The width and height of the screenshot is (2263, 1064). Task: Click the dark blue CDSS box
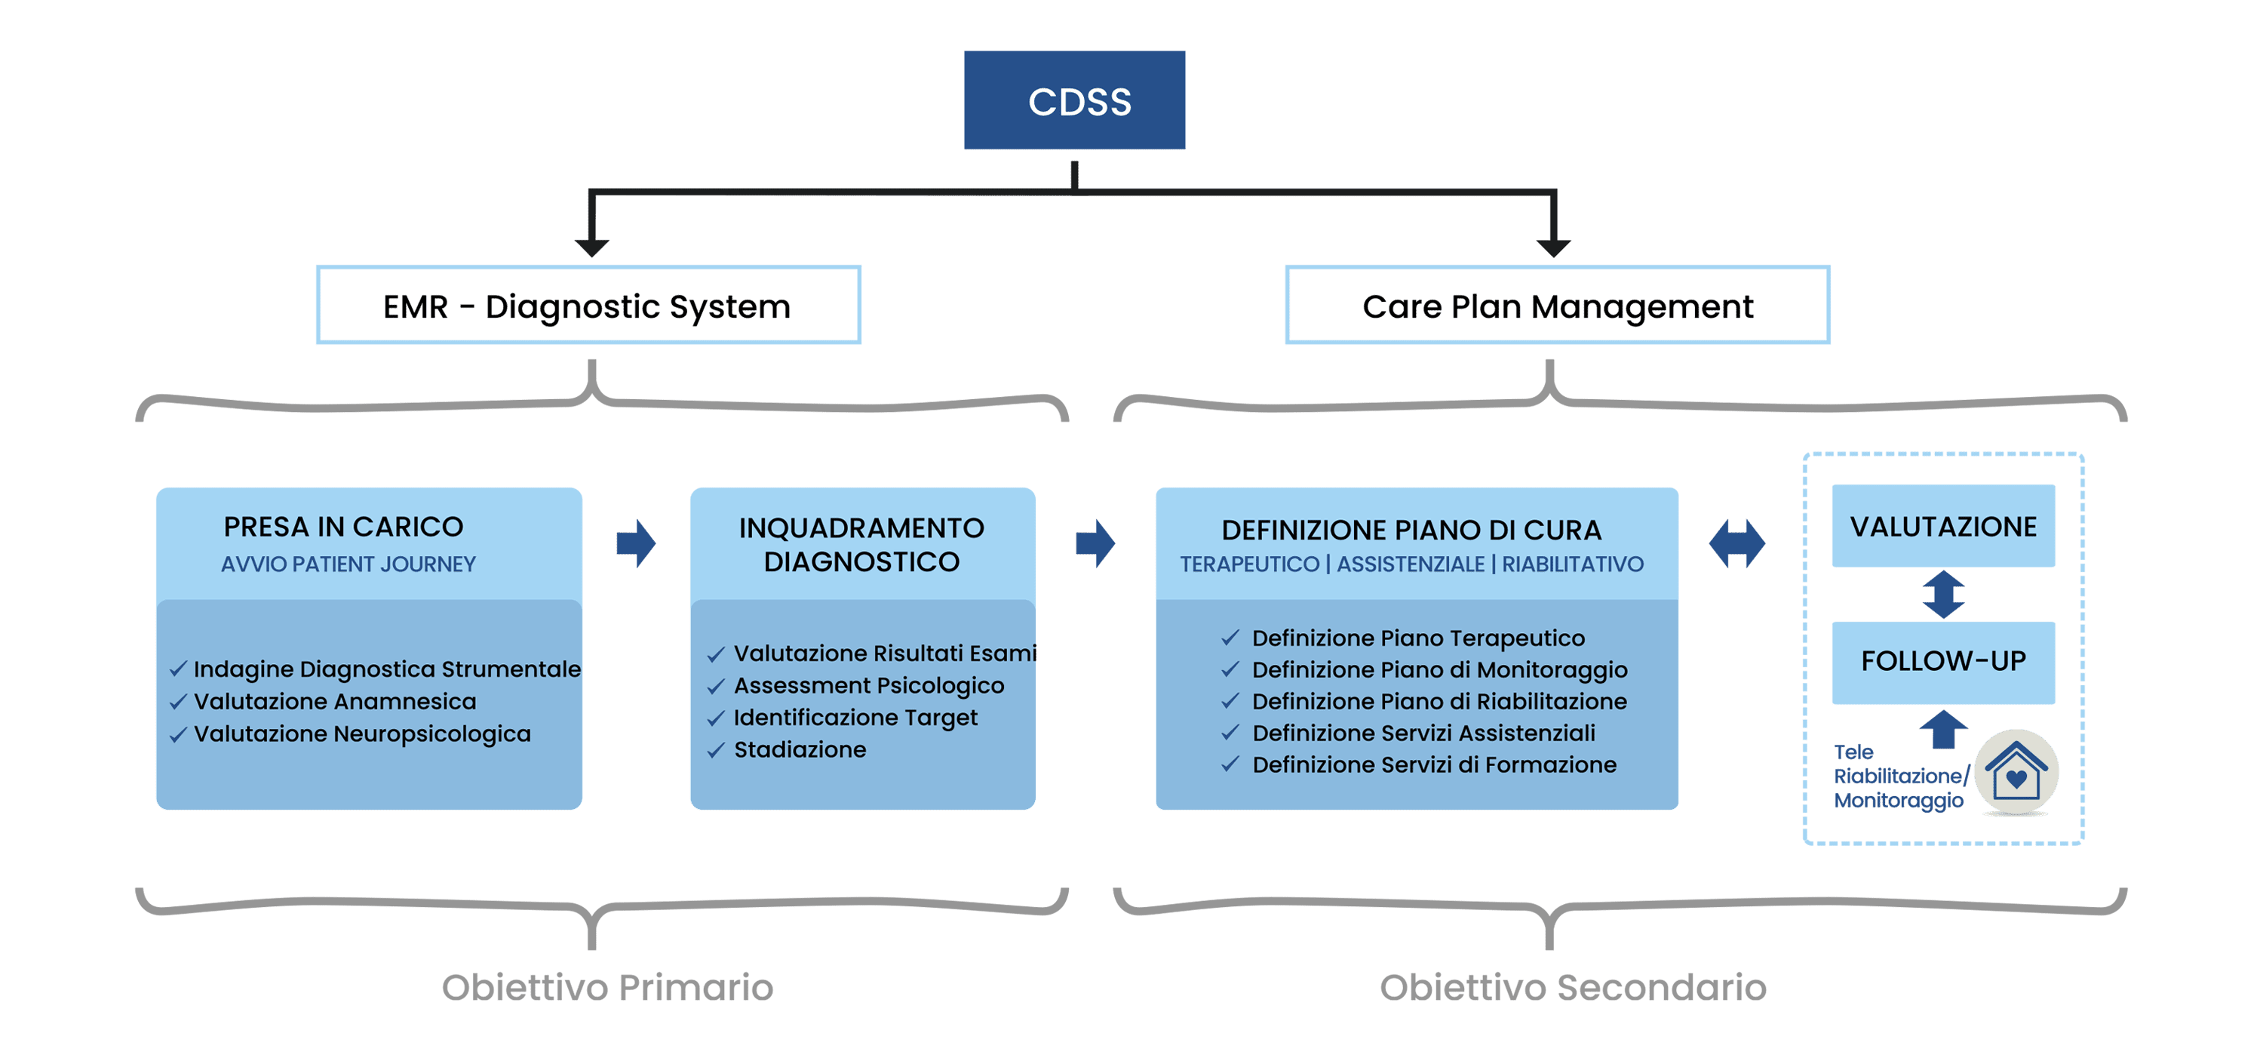pos(1073,100)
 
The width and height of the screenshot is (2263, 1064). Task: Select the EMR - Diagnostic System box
pos(588,305)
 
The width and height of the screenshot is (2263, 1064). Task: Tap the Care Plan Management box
pos(1558,305)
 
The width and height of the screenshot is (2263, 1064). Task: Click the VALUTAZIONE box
pos(1943,525)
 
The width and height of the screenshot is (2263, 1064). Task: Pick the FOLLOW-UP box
pos(1943,662)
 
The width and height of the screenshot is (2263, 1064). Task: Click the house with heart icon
pos(2016,771)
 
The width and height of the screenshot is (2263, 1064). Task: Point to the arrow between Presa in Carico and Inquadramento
pos(636,543)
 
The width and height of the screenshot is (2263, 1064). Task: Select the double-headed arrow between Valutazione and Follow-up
pos(1943,594)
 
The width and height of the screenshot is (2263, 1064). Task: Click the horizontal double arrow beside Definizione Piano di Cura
pos(1736,543)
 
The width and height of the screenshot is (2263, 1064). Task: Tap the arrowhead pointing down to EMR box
pos(592,247)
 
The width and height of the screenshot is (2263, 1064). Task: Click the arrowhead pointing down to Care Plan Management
pos(1553,247)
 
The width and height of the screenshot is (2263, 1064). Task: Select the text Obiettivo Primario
pos(607,987)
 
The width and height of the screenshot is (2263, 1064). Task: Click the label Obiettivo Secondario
pos(1573,987)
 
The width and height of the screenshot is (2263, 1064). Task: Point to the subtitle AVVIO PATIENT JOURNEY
pos(348,564)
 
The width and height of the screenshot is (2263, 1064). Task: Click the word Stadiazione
pos(800,749)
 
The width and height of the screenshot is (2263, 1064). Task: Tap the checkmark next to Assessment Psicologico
pos(716,686)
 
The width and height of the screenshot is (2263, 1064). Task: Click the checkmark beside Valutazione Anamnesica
pos(178,702)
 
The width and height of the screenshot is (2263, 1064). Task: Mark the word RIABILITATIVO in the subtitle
pos(1573,564)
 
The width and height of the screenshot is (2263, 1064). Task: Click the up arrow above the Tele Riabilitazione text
pos(1943,728)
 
